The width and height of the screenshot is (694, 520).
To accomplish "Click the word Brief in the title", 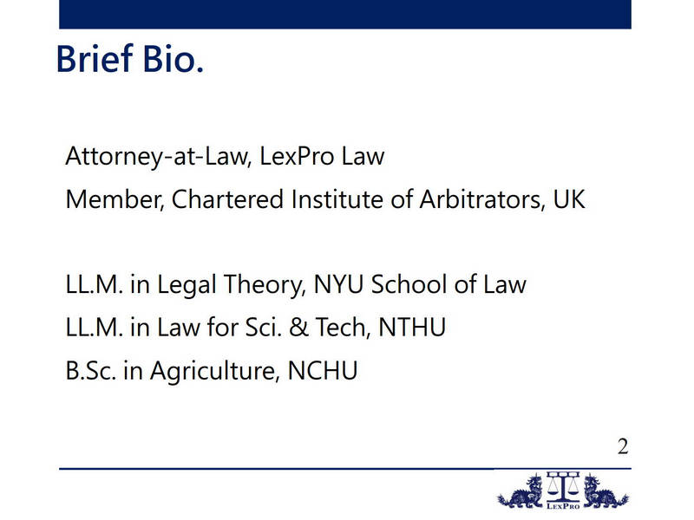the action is click(x=95, y=58).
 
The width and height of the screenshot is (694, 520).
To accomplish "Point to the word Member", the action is click(x=115, y=199).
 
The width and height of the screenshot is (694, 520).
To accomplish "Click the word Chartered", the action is click(x=227, y=199).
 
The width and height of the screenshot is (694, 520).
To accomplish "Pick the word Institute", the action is click(x=337, y=199).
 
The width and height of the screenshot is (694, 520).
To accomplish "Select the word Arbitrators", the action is click(x=482, y=199).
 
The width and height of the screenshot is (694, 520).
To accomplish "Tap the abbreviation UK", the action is click(x=569, y=199).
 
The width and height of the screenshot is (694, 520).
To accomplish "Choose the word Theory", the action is click(x=265, y=285).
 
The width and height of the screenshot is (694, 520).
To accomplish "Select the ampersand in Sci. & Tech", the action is click(x=298, y=328).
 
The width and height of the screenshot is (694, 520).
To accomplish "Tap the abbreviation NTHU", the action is click(x=412, y=328).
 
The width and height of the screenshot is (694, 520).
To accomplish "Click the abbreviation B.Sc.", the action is click(x=91, y=371).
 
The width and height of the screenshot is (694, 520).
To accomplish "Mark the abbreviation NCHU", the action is click(x=322, y=371).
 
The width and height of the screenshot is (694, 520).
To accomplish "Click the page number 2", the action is click(x=623, y=446).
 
